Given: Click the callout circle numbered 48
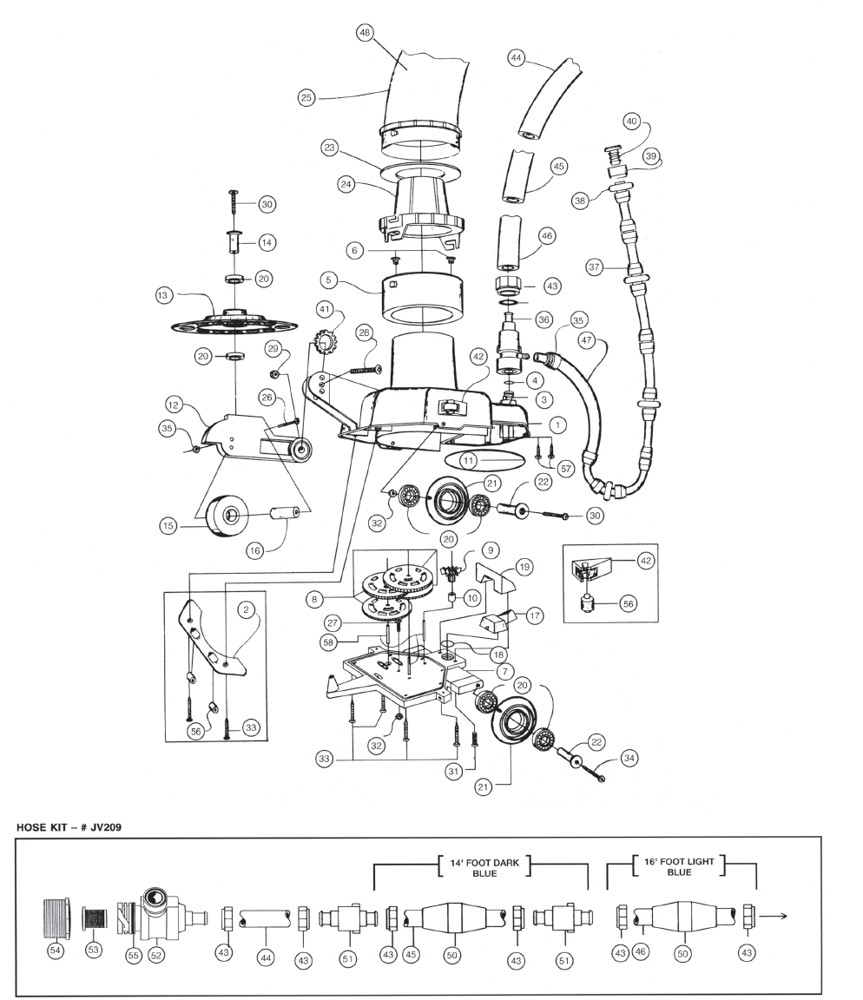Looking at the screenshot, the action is point(365,33).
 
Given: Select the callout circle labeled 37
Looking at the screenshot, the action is point(595,267).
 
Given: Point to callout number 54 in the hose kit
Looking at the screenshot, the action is point(56,951).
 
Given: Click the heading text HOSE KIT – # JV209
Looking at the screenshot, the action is point(69,827).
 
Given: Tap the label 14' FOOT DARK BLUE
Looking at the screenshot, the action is point(484,868).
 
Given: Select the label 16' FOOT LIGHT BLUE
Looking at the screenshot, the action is point(679,866).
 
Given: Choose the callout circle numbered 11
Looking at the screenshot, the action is point(469,460).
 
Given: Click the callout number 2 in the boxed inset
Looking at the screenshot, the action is point(247,609).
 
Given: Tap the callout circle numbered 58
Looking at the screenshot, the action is point(328,642).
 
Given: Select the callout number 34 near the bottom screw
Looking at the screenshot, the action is point(629,759).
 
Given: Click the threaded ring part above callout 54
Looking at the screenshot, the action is point(56,918).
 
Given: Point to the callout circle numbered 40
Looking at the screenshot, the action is point(631,122).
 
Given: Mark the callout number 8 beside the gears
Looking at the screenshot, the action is point(313,600).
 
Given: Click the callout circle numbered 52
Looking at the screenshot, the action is point(155,955).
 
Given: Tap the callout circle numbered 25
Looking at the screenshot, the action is point(306,97).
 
